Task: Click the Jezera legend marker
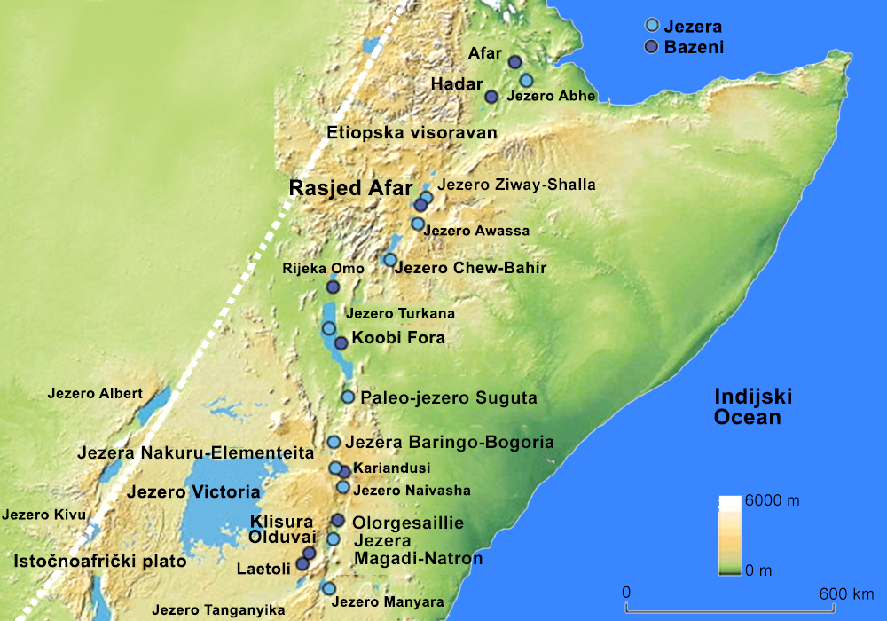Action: tap(652, 27)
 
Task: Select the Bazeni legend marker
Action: tap(652, 47)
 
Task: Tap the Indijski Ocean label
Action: tap(753, 407)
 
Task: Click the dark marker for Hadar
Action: tap(491, 97)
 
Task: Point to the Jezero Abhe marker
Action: tap(526, 81)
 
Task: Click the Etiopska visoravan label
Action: tap(410, 133)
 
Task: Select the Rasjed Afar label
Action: tap(351, 188)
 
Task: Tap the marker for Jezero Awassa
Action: tap(418, 224)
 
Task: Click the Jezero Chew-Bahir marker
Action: tap(390, 260)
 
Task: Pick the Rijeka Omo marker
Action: tap(333, 287)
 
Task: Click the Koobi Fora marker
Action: tap(341, 342)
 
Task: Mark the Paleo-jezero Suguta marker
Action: tap(348, 397)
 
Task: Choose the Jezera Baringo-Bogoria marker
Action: tap(334, 442)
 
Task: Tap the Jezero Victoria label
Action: tap(192, 491)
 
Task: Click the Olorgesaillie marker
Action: tap(337, 521)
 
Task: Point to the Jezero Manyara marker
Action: tap(328, 588)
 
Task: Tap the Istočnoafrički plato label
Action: tap(100, 561)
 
